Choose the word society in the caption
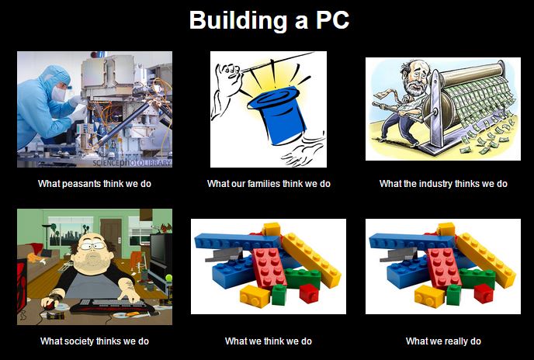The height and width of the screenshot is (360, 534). [x=80, y=341]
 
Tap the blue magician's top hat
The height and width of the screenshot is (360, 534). [x=276, y=114]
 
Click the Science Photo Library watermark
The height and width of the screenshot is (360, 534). [x=132, y=163]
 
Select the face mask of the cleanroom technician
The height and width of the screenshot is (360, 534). [x=58, y=94]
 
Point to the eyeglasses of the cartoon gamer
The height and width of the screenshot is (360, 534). [x=92, y=245]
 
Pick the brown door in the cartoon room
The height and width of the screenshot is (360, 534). [x=111, y=233]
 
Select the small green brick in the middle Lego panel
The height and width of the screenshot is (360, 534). [x=279, y=294]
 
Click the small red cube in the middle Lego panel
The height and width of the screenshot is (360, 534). [x=309, y=293]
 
